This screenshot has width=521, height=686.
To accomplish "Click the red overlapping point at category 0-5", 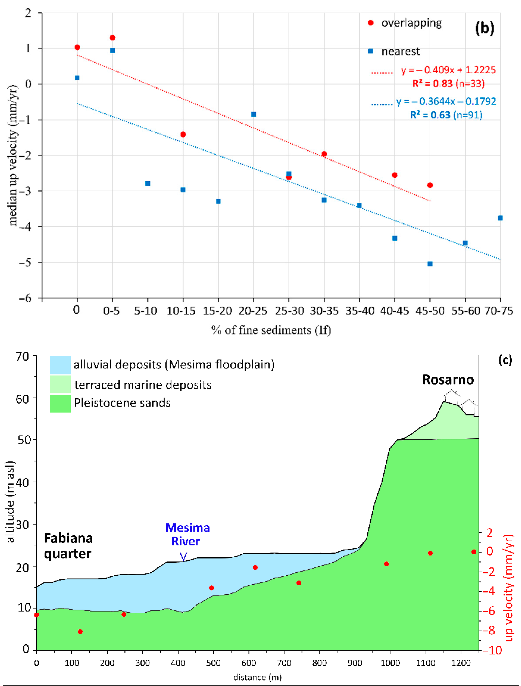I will coord(113,38).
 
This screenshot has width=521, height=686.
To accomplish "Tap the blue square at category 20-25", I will coord(254,114).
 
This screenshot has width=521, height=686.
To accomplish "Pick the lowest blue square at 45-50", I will coord(430,264).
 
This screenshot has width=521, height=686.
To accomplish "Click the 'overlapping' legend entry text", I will coord(411,23).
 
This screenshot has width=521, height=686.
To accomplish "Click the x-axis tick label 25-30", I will coord(289,311).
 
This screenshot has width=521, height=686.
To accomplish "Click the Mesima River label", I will coord(187,534).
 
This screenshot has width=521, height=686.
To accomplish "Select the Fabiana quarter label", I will coord(68,546).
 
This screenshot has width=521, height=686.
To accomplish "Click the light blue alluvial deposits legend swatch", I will coord(60,365).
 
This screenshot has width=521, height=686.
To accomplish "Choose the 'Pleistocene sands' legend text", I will coord(122,403).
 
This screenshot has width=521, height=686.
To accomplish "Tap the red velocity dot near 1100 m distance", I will coord(430,553).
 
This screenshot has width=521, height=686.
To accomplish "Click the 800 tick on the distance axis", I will coord(319,663).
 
